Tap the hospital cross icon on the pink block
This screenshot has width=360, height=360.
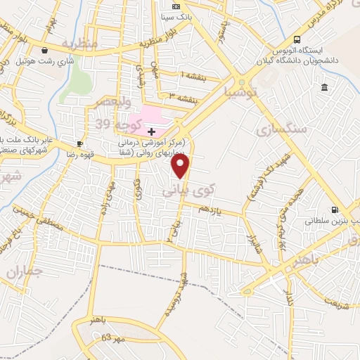151,131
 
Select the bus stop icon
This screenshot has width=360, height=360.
297,39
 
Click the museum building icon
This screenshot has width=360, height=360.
323,87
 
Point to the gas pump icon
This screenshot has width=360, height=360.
335,209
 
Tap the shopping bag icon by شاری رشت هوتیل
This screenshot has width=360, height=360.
46,51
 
